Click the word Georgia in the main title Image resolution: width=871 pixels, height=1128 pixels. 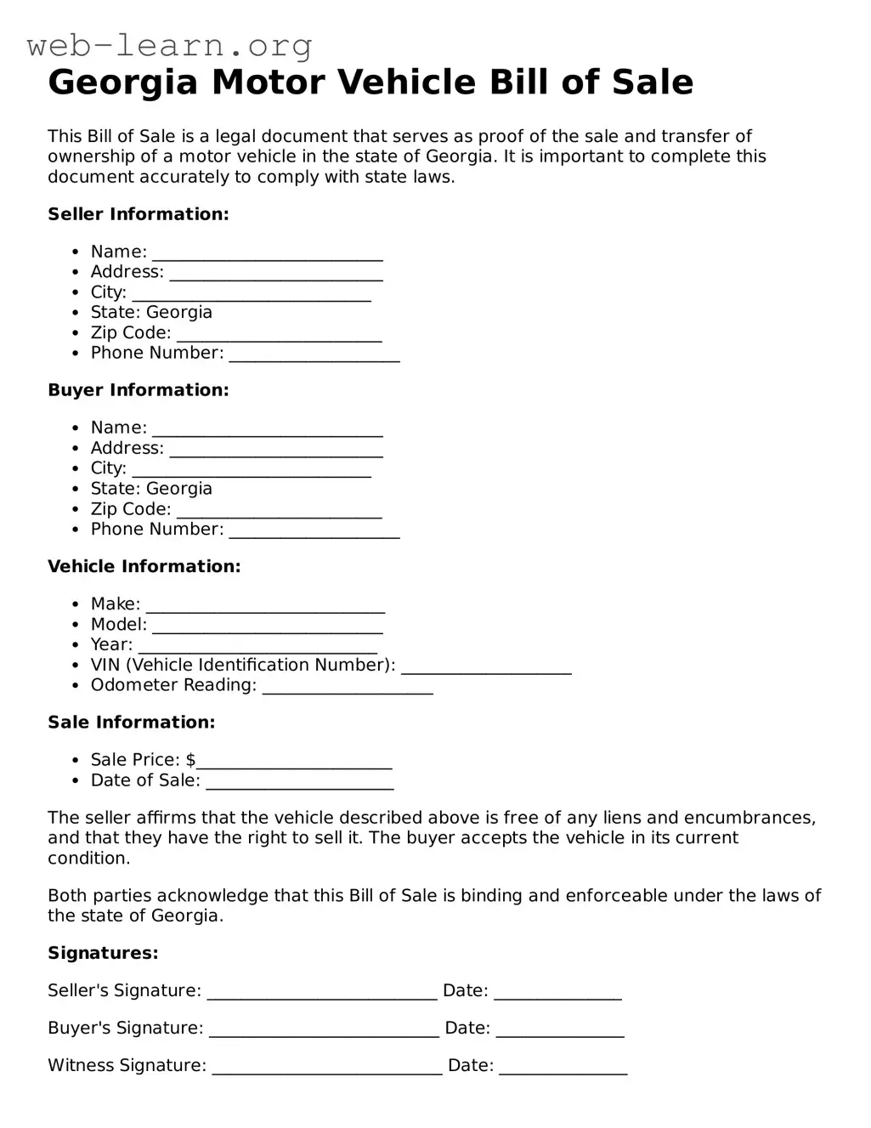click(122, 83)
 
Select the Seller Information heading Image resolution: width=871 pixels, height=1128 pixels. click(138, 214)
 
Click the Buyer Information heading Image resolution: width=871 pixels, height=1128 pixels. click(138, 390)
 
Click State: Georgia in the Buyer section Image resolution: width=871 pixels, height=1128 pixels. click(151, 489)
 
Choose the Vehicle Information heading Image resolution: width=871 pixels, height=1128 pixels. click(144, 566)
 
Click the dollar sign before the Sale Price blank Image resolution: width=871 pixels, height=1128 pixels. click(191, 760)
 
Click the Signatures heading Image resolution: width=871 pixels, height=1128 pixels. click(103, 953)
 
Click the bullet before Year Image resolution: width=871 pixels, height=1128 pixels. click(76, 645)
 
